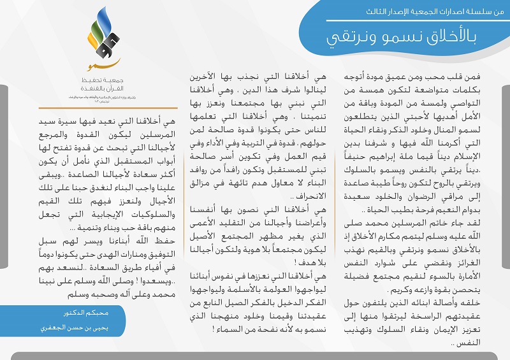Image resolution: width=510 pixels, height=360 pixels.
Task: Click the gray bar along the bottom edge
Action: [x=255, y=356]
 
